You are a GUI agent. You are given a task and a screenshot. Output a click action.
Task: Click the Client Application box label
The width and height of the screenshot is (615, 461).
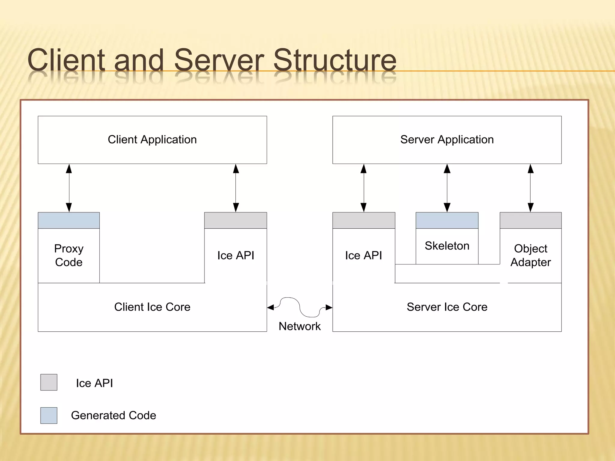152,140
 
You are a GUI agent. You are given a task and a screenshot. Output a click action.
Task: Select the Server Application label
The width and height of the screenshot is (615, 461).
447,140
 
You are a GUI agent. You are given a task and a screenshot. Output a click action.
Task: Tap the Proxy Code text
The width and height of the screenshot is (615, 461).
69,255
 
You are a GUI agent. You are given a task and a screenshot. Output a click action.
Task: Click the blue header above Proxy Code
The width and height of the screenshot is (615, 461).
69,220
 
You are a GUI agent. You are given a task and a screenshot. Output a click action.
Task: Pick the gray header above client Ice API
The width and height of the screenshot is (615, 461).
235,220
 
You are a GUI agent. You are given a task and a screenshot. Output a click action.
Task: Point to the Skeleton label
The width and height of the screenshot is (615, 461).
447,246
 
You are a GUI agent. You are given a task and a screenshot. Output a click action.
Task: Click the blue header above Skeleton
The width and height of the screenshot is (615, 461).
447,220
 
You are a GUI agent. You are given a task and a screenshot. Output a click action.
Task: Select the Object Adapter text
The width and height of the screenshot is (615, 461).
531,255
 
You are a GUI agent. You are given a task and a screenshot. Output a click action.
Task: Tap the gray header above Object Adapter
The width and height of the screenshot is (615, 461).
531,220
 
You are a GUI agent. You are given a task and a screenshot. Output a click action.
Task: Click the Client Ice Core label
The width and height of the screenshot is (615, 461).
152,307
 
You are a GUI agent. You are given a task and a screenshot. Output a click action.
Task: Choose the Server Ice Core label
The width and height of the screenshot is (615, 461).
447,307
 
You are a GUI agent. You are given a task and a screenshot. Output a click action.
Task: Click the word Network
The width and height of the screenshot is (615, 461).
299,326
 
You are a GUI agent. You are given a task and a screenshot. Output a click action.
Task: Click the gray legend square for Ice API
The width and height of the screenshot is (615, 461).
49,382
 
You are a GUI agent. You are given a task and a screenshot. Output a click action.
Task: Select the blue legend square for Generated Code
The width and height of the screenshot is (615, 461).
49,415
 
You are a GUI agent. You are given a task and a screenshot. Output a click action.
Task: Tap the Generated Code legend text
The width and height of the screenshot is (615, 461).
114,415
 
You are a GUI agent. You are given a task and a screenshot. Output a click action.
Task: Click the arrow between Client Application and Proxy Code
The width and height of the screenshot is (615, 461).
69,188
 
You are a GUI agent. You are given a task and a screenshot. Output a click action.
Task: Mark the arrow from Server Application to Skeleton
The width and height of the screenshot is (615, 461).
447,188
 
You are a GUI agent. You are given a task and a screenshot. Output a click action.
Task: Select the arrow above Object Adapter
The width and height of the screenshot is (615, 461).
531,188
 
